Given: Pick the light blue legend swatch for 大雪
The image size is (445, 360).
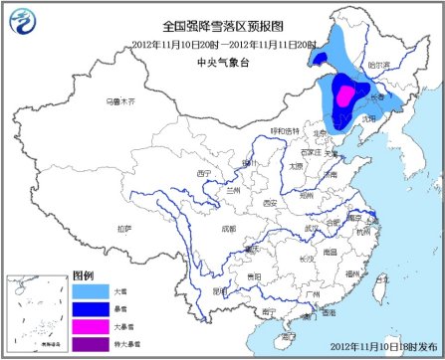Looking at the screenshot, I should click(92, 291).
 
